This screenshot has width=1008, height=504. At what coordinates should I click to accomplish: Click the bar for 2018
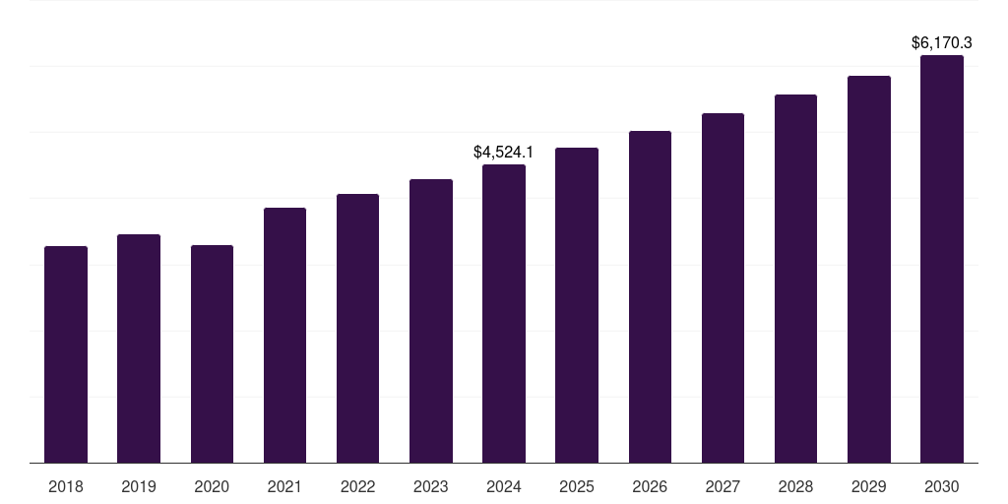[x=66, y=354]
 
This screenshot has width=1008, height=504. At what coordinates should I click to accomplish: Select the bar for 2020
[x=212, y=354]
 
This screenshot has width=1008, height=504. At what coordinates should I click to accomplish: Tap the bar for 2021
[x=284, y=335]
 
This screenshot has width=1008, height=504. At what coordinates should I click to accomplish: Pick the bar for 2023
[x=431, y=321]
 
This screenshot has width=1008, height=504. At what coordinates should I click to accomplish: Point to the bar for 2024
[x=504, y=313]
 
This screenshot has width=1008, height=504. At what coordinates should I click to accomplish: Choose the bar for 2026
[x=650, y=296]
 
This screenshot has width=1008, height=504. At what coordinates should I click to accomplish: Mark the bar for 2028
[x=795, y=279]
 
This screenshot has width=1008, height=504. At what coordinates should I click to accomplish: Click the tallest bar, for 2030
[x=942, y=259]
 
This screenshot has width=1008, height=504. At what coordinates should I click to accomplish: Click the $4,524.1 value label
[x=503, y=152]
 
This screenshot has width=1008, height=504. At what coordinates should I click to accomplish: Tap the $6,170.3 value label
[x=942, y=43]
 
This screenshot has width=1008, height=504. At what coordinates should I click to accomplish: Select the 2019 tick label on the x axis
[x=139, y=486]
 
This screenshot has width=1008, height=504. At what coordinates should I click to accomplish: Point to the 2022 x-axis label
[x=357, y=486]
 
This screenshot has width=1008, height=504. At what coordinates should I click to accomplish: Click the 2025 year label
[x=577, y=486]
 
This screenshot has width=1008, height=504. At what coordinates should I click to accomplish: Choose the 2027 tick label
[x=723, y=486]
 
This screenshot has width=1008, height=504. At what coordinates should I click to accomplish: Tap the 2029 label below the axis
[x=868, y=486]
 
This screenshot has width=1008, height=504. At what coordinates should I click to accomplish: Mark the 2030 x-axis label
[x=942, y=486]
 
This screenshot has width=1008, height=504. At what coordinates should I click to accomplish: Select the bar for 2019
[x=139, y=348]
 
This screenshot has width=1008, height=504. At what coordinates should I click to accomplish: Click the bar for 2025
[x=577, y=305]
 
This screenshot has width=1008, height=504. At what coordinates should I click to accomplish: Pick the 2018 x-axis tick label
[x=66, y=486]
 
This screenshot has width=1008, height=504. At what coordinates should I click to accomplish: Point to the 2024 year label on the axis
[x=504, y=486]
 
